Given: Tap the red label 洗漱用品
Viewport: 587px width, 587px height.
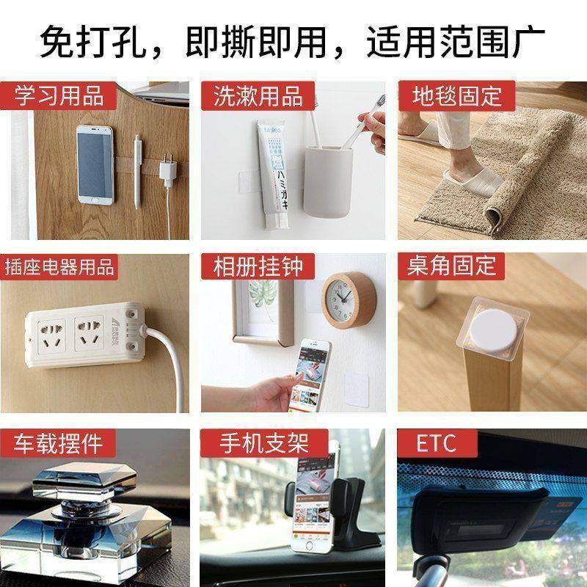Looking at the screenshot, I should click(x=258, y=95).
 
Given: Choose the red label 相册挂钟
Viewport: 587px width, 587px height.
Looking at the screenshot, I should click(x=258, y=266).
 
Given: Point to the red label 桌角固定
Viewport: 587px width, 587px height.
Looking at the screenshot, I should click(x=452, y=266).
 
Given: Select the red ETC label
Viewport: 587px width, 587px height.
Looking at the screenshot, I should click(x=436, y=442).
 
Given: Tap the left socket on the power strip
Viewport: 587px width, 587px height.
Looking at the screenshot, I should click(x=51, y=332).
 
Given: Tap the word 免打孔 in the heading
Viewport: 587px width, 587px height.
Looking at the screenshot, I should click(x=85, y=40).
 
